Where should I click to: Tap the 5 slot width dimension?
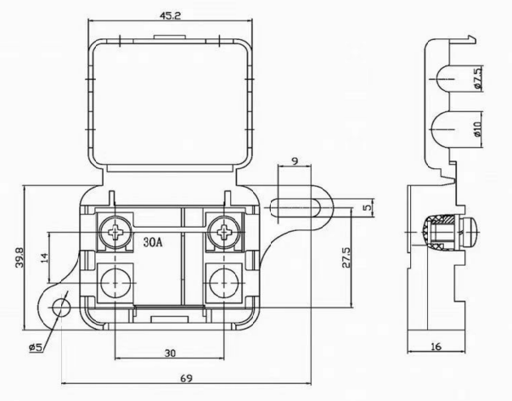(368, 206)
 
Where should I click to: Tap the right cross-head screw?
(224, 229)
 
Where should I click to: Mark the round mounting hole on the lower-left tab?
(61, 305)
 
